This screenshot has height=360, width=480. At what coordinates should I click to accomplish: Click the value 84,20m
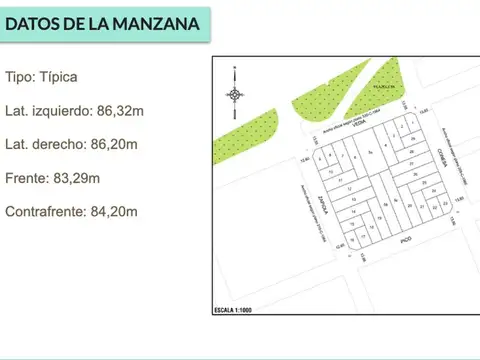115,212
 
